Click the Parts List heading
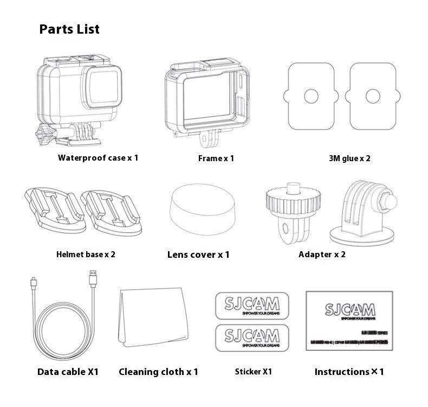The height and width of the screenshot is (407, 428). click(x=69, y=29)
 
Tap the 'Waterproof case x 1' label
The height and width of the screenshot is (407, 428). click(x=98, y=158)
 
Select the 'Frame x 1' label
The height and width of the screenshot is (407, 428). click(x=216, y=158)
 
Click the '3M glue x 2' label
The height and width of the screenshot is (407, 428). click(x=349, y=158)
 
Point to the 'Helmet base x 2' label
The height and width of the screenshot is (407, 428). click(x=86, y=254)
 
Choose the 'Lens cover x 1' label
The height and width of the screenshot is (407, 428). click(x=198, y=255)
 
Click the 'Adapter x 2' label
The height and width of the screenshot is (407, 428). click(x=322, y=254)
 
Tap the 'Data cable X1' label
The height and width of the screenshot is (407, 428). click(x=68, y=372)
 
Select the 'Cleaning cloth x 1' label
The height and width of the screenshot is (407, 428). click(x=158, y=372)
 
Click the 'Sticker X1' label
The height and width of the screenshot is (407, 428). click(x=253, y=372)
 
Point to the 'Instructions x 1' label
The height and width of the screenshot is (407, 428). click(x=349, y=372)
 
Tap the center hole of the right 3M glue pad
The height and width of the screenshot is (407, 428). click(x=373, y=97)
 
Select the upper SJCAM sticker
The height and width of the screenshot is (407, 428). click(x=252, y=306)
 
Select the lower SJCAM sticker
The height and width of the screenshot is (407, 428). click(x=252, y=336)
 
